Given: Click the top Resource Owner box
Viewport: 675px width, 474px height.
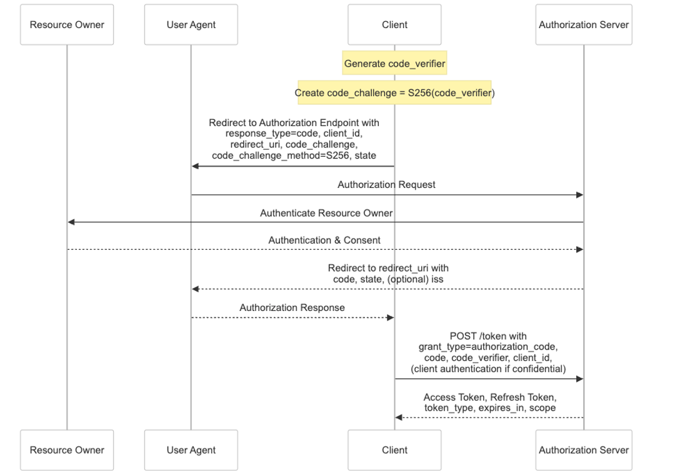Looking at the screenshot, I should (67, 25).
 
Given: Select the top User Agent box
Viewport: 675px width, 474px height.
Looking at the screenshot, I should (191, 25).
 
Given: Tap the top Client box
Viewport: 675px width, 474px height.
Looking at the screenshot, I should (394, 25).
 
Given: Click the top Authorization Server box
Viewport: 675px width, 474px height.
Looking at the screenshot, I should (584, 25).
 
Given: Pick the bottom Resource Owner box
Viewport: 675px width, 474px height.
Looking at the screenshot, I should (67, 450).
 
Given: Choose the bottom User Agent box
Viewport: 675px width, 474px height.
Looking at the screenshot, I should (191, 450).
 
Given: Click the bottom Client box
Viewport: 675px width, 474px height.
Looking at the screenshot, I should (394, 450).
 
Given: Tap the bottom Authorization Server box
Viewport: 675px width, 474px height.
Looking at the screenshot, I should (584, 450).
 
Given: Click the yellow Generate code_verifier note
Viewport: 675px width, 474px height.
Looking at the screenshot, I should (394, 64).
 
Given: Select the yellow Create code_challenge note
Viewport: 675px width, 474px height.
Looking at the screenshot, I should (394, 93).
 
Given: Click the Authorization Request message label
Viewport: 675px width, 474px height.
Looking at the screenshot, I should (386, 185).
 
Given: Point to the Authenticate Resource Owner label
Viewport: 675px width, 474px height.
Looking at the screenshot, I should (326, 213).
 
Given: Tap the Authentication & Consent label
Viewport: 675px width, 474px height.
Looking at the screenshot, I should (324, 240).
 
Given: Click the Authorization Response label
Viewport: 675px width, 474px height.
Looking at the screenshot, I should (292, 308).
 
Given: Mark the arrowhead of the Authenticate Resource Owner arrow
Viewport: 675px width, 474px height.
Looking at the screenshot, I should (71, 222).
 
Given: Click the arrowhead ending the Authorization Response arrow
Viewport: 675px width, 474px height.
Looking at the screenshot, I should (391, 318).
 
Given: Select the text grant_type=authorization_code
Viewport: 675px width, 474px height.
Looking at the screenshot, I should (488, 347).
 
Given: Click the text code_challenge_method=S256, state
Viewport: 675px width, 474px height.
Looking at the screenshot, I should (294, 156).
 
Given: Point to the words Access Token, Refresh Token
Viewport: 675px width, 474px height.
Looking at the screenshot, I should (489, 397).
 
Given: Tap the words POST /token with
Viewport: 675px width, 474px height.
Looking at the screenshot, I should (488, 336).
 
